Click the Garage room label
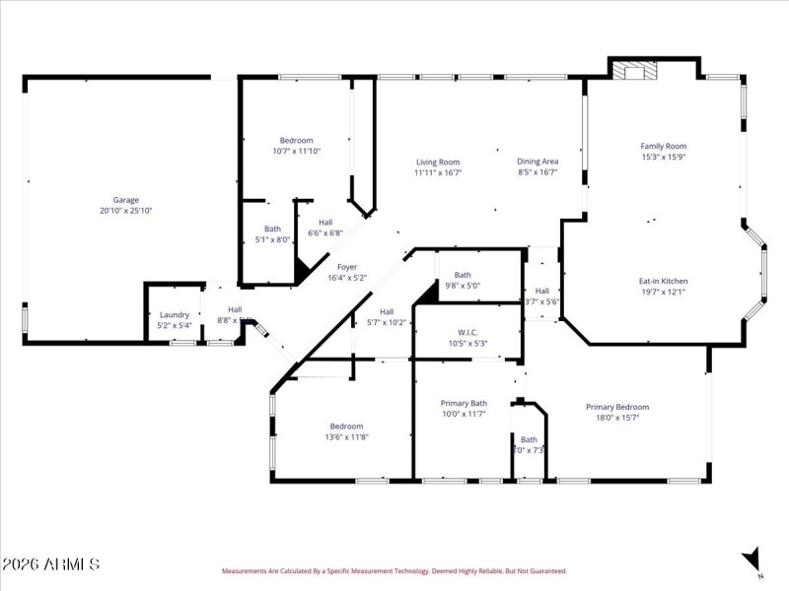coord(125,199)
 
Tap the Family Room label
coord(663,146)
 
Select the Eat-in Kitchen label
coord(663,281)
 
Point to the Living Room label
coord(437,162)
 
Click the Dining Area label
coord(538,162)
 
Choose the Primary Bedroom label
coord(617,407)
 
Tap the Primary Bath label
coord(464,403)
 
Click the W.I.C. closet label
coord(467,332)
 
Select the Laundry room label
coord(175,314)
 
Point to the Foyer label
coord(347,267)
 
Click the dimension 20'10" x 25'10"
coord(125,210)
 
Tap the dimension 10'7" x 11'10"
coord(296,151)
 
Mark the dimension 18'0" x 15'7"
coord(617,418)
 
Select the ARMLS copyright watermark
coord(51,564)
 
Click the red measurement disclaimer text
coord(394,570)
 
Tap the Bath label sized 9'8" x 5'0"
coord(463,275)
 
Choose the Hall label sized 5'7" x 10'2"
coord(387,311)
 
